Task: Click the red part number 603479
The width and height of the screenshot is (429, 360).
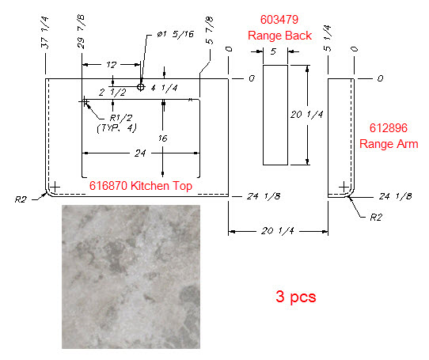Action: coord(279,20)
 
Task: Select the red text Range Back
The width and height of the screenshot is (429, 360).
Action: coord(279,36)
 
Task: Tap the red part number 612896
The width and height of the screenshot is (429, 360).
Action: coord(388,128)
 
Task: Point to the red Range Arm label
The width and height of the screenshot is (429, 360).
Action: coord(389,144)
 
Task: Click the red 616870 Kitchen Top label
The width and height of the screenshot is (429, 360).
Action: coord(141,186)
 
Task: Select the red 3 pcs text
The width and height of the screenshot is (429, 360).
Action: coord(296,297)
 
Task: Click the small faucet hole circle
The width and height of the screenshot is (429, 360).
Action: coord(141,87)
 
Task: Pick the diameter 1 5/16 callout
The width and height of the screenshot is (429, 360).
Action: coord(176,34)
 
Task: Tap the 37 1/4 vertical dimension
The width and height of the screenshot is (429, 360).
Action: coord(44,32)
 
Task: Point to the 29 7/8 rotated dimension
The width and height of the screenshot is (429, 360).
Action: coord(81,32)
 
